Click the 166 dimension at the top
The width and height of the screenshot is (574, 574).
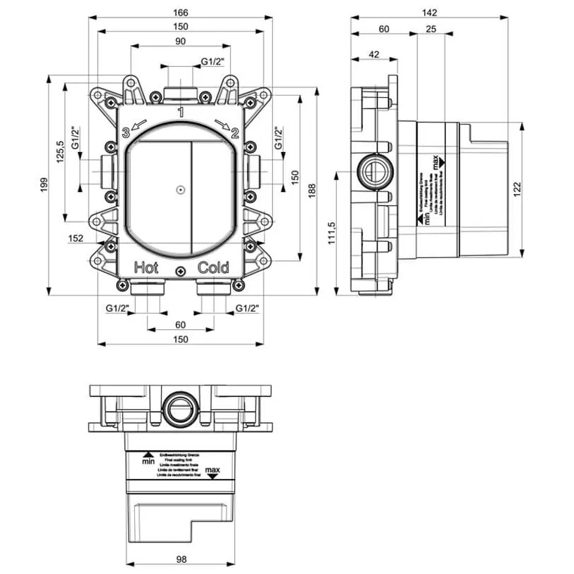[x=181, y=12]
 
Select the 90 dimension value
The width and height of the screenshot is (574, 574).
[x=181, y=42]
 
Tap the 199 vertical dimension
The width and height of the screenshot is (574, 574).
[x=44, y=185]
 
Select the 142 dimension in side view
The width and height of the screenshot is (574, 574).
[x=431, y=12]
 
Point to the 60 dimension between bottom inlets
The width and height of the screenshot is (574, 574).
[x=180, y=324]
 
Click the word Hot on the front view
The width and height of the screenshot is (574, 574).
[x=146, y=267]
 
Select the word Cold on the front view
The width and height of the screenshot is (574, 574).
[x=213, y=267]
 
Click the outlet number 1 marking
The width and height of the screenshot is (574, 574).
[x=181, y=112]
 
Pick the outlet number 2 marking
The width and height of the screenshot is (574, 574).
[x=235, y=132]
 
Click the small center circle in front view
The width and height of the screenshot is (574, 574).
[x=181, y=189]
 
